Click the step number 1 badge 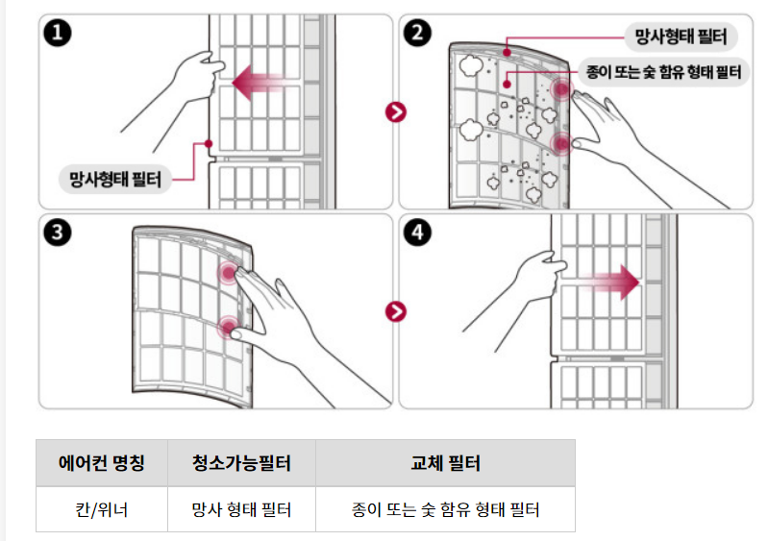(58, 34)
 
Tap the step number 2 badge (417, 34)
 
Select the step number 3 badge (58, 233)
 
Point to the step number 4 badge (417, 233)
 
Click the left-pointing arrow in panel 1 (259, 83)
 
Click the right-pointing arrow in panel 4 (610, 282)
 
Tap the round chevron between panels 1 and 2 (396, 112)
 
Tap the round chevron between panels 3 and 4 (396, 311)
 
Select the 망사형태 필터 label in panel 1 (115, 179)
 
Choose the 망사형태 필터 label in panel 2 (681, 37)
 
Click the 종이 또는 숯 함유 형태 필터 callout (663, 72)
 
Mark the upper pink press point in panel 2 (561, 89)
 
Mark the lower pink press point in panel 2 (561, 143)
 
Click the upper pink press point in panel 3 (228, 273)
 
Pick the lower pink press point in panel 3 (228, 327)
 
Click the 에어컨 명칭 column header (101, 462)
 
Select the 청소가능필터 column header (241, 462)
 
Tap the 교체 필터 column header (445, 462)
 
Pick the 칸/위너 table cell (101, 509)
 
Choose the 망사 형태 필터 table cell (241, 509)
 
